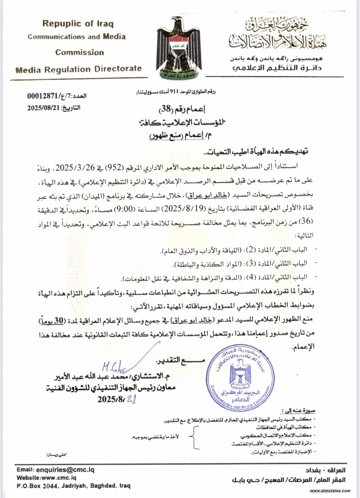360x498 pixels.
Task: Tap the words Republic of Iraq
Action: (78, 24)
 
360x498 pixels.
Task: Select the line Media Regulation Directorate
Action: (78, 69)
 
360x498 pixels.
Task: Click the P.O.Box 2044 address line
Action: (73, 486)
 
